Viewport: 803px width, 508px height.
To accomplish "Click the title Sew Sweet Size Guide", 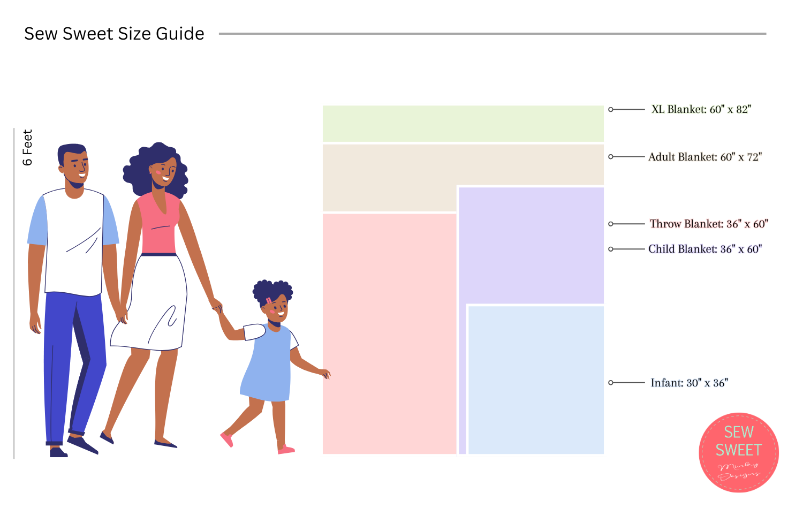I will tap(114, 34).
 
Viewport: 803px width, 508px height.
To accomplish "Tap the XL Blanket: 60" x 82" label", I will tap(701, 109).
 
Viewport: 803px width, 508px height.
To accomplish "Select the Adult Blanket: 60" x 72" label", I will tap(704, 157).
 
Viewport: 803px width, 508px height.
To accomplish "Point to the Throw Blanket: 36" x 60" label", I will tap(708, 224).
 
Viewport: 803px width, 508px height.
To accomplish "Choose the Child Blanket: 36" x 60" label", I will tap(704, 249).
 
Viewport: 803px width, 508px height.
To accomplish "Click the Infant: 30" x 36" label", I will tap(689, 383).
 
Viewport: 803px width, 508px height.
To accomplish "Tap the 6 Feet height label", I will tap(27, 147).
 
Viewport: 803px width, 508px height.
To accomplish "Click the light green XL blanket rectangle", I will tap(463, 124).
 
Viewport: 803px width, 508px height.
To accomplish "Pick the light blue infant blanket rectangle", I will tap(536, 380).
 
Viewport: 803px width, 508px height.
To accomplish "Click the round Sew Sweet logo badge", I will tap(739, 452).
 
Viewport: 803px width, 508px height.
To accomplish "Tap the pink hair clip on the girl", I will tap(269, 301).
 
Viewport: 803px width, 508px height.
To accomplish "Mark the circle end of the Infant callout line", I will tap(611, 383).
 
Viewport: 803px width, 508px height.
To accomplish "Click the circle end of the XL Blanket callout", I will tap(611, 109).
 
